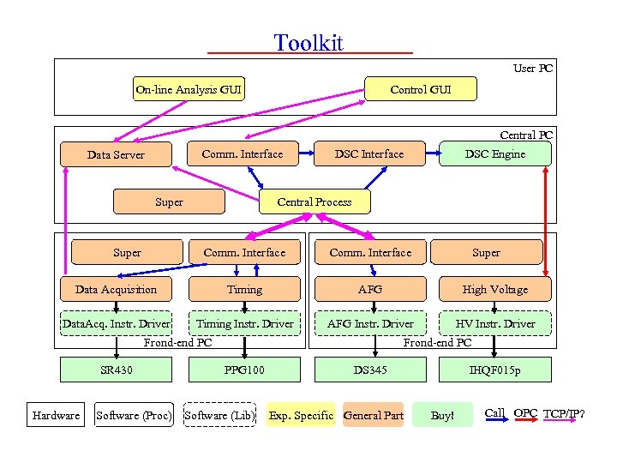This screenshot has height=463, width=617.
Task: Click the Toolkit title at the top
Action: point(308,43)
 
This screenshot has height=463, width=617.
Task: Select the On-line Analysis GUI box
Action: point(189,89)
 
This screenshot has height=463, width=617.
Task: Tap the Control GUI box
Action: point(420,89)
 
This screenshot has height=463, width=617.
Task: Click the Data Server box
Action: point(116,154)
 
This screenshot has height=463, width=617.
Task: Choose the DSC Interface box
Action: point(368,153)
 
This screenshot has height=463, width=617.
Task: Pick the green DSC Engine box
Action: point(494,153)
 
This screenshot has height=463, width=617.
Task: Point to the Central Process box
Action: point(314,201)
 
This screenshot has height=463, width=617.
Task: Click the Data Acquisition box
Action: point(116,289)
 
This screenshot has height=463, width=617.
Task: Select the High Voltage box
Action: point(494,289)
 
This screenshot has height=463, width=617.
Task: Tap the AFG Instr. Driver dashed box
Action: point(370,323)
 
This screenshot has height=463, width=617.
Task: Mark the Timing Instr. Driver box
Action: point(244,323)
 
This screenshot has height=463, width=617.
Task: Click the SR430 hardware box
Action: point(116,370)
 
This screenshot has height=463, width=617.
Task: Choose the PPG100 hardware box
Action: point(244,370)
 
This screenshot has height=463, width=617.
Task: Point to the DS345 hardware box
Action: point(370,370)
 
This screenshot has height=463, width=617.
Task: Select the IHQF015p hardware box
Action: point(494,370)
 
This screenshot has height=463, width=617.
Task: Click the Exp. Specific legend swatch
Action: point(301,415)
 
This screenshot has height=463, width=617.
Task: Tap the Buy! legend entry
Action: point(442,415)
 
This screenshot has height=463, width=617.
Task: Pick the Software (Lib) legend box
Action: point(219,415)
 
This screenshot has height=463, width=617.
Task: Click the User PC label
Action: point(532,68)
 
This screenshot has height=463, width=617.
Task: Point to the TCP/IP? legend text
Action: point(566,413)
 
